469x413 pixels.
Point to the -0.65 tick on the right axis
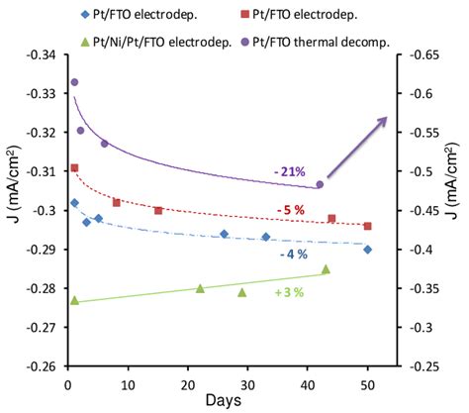click(422, 54)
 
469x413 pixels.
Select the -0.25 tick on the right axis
click(422, 366)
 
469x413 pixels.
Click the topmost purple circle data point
click(74, 82)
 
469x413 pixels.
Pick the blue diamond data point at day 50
click(367, 250)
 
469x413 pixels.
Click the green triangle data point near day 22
click(200, 288)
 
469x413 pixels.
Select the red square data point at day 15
click(158, 210)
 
